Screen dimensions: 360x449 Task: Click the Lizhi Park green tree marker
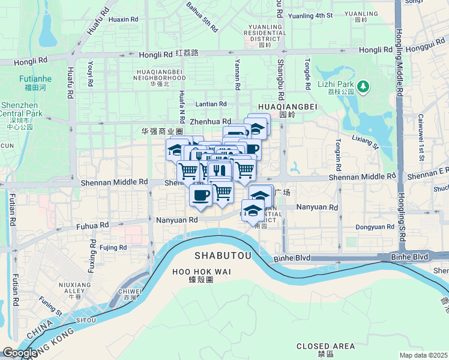(x=363, y=87)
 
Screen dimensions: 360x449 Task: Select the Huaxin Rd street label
(x=124, y=19)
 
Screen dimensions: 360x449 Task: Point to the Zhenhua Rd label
(x=210, y=121)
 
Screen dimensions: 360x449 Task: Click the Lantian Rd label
(x=210, y=104)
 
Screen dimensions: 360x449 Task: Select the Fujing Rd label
(x=113, y=247)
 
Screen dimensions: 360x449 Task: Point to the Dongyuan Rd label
(x=375, y=227)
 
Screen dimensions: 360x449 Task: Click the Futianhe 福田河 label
(x=35, y=83)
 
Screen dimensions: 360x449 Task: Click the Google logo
(x=20, y=353)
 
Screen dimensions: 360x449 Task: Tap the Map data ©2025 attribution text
(x=423, y=355)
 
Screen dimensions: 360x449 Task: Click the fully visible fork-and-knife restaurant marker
(x=220, y=170)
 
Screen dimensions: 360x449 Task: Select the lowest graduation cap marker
(x=253, y=211)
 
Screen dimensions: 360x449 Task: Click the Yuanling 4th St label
(x=310, y=16)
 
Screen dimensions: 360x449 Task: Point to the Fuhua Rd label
(x=92, y=226)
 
